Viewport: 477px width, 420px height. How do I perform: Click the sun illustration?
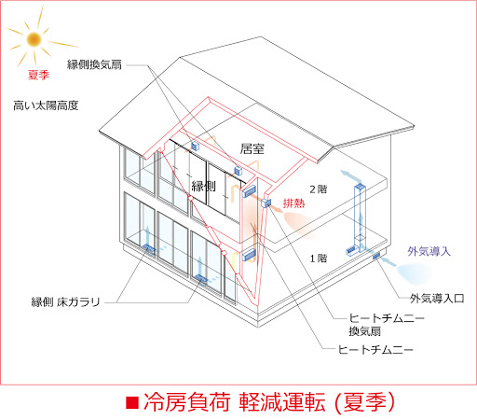point(34,39)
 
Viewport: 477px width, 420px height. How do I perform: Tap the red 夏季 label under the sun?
point(38,75)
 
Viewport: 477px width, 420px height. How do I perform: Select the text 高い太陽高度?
point(46,105)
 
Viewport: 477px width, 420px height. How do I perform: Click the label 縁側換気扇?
point(94,64)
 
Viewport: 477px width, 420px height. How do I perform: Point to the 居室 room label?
point(252,149)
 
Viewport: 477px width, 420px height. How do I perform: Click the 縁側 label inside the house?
point(203,187)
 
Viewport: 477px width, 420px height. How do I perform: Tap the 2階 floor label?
point(319,189)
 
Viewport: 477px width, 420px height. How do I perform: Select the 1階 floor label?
point(319,259)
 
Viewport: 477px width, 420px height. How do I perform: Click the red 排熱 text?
point(293,203)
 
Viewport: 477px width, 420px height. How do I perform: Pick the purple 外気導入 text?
point(429,251)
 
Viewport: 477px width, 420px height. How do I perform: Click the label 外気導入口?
point(437,299)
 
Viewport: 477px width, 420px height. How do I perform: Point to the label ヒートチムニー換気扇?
point(387,325)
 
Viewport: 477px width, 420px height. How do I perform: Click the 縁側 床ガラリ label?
point(66,301)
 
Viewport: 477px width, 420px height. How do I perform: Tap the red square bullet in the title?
point(132,402)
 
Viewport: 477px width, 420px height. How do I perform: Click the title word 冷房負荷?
point(187,402)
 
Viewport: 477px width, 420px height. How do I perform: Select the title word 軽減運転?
point(282,402)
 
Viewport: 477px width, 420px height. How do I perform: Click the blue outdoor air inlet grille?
point(376,256)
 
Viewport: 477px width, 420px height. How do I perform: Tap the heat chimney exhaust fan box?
point(266,203)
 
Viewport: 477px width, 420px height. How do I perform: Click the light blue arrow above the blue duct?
point(351,176)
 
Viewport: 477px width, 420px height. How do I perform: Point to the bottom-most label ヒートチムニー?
point(375,350)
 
